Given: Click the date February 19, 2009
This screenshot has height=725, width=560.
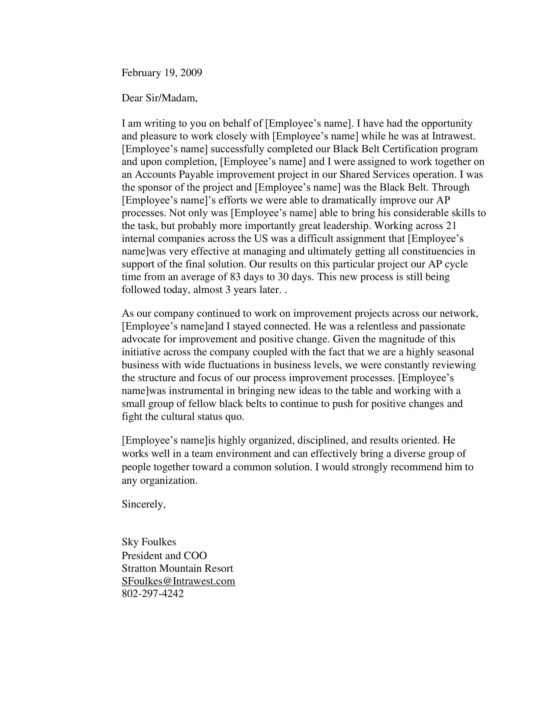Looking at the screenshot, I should pyautogui.click(x=161, y=73).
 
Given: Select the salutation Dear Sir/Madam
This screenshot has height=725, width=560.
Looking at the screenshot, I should pyautogui.click(x=159, y=98).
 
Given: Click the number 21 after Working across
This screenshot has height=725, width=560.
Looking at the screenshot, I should pyautogui.click(x=451, y=226).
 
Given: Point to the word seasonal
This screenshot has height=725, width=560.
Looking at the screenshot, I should pyautogui.click(x=455, y=352).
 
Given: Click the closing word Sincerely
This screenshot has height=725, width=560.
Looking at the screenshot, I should pyautogui.click(x=143, y=504).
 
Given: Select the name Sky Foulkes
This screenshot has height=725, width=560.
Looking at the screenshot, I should pyautogui.click(x=149, y=542).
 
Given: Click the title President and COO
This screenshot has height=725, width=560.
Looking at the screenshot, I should pyautogui.click(x=164, y=556).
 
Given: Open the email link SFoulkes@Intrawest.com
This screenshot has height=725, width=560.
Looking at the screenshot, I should pyautogui.click(x=178, y=581).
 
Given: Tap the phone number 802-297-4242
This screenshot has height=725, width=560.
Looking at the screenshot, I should pyautogui.click(x=153, y=594).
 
